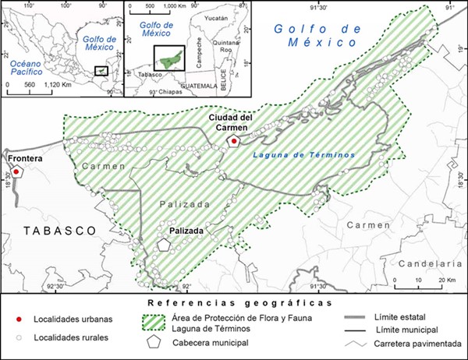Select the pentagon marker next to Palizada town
tap(163, 244)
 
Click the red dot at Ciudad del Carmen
tap(232, 141)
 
